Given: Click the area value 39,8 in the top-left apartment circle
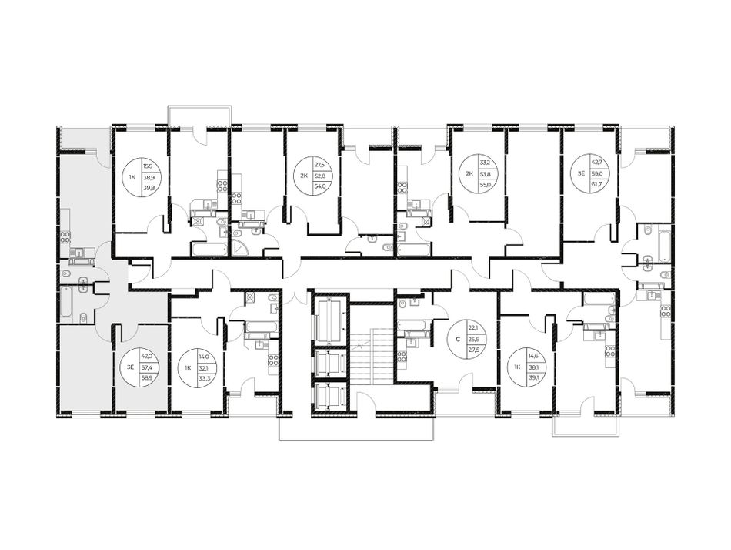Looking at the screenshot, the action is coord(147,189).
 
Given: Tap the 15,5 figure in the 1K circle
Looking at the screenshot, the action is coord(147,166).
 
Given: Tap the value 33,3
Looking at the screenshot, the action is coord(204,379).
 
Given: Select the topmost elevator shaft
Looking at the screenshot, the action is coord(329,320).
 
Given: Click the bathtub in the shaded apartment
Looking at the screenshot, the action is coord(67,302).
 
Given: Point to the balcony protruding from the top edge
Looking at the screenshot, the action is coord(199,116).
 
